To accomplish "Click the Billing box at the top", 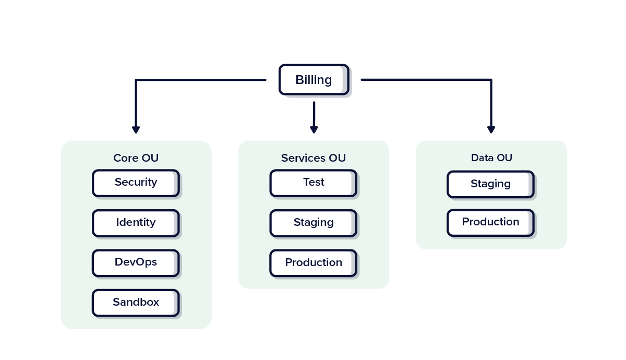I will click(314, 80).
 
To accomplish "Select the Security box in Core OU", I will click(136, 183).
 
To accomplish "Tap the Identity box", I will click(136, 223).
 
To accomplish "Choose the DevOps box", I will click(136, 263).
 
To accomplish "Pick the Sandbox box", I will click(136, 303).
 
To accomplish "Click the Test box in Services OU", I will click(314, 183).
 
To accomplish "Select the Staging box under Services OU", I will click(314, 223).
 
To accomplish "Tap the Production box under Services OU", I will click(314, 263).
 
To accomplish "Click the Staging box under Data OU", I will click(490, 184).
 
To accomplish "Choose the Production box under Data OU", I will click(490, 223).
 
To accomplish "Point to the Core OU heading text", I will click(136, 158).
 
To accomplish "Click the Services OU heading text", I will click(314, 158).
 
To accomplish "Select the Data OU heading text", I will click(491, 158).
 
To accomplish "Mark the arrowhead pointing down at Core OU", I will click(136, 129).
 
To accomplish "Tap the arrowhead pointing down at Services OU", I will click(314, 129).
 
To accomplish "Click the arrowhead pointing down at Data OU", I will click(491, 129).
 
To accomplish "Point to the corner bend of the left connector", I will click(136, 80).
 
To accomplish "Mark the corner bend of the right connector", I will click(491, 80).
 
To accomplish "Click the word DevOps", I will click(136, 262).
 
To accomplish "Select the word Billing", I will click(314, 80).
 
